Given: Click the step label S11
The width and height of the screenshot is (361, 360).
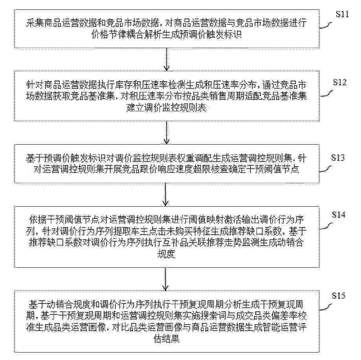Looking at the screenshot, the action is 342,14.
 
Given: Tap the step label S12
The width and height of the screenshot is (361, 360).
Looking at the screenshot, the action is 340,82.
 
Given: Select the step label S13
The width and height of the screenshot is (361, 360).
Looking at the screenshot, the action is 338,158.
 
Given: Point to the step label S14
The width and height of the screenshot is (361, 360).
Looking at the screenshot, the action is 339,215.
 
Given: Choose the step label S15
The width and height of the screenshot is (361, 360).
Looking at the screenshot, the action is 339,296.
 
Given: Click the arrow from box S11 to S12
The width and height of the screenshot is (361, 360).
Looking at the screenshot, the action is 166,59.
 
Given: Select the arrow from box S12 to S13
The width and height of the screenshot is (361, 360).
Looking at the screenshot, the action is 166,133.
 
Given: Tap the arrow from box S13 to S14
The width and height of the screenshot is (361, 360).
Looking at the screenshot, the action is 165,195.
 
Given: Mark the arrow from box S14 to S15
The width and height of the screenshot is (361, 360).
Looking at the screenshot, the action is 165,279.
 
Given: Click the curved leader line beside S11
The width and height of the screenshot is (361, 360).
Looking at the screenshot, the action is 326,25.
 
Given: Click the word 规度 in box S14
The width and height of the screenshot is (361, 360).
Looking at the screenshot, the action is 166,254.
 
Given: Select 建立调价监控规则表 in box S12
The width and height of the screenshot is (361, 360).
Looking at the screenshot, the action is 167,108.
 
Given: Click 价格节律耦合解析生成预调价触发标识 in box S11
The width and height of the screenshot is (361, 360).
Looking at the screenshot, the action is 167,35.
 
